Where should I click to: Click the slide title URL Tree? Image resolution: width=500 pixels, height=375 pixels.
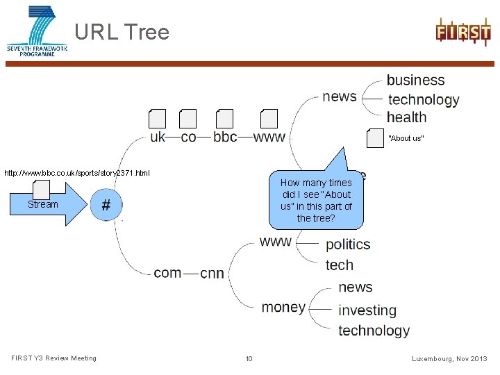122,32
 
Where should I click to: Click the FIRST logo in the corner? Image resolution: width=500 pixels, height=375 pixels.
462,32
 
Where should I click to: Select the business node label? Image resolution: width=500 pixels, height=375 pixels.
415,81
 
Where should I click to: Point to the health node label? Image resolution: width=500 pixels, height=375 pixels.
406,117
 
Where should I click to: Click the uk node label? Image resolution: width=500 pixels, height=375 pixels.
158,137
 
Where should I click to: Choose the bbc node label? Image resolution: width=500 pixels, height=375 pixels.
225,137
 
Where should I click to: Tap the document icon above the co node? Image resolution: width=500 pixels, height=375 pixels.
187,119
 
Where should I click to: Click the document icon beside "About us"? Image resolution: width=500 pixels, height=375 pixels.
375,137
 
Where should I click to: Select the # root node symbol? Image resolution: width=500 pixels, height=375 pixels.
107,204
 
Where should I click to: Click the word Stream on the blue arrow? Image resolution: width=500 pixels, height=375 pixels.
43,204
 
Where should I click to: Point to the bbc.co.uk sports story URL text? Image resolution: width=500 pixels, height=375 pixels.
76,172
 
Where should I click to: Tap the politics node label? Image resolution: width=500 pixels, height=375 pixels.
348,244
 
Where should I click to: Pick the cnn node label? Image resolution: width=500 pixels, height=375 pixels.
212,273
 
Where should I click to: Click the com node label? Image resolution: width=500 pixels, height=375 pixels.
167,272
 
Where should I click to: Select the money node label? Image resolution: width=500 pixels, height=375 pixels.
283,307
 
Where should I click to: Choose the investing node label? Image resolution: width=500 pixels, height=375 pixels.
367,310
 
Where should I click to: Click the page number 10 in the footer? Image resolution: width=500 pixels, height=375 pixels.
249,358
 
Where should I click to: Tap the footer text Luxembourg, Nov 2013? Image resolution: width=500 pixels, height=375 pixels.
449,358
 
